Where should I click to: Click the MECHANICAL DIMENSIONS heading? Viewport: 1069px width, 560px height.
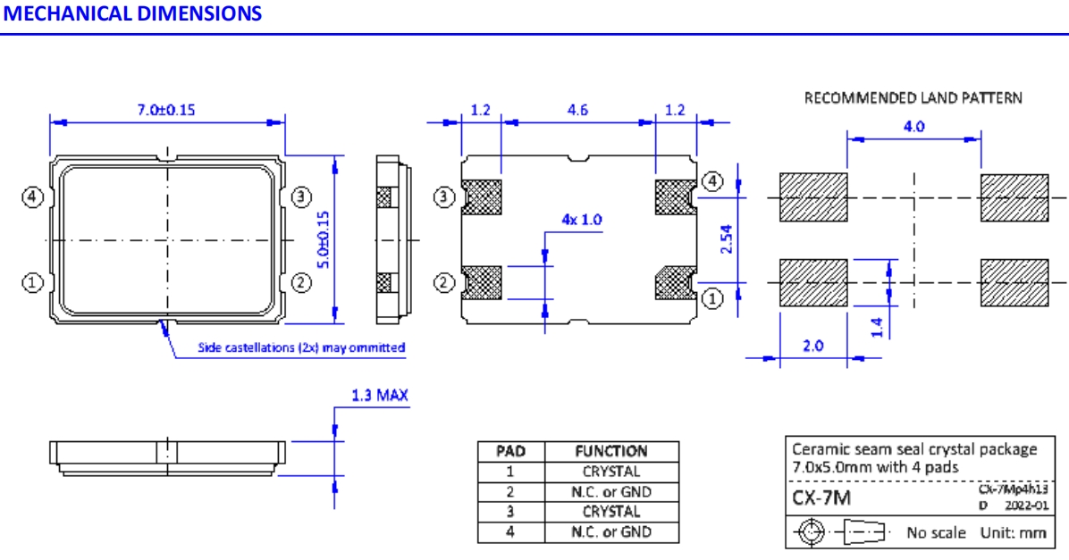tap(133, 14)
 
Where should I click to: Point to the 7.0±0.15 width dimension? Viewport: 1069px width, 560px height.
tap(165, 110)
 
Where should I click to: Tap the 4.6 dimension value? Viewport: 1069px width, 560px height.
tap(577, 111)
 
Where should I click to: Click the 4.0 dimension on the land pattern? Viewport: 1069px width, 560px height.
tap(913, 127)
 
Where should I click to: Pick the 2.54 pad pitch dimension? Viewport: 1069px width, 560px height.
tap(727, 238)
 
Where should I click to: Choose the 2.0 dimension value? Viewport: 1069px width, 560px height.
tap(812, 346)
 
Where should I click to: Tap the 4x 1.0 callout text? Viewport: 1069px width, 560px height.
tap(582, 220)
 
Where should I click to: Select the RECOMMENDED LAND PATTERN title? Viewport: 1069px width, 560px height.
tap(913, 97)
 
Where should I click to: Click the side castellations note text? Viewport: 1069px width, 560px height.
tap(301, 347)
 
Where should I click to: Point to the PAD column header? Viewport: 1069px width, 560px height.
tap(510, 451)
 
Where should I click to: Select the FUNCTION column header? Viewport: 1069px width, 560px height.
tap(611, 451)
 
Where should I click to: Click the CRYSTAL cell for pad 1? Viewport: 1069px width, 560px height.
tap(611, 472)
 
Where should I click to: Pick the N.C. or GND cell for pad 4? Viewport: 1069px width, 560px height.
tap(611, 532)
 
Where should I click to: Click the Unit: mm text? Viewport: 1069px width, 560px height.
tap(1014, 533)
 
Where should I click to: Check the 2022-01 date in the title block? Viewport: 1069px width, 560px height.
tap(1025, 506)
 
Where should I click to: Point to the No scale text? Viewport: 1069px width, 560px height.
tap(936, 533)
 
